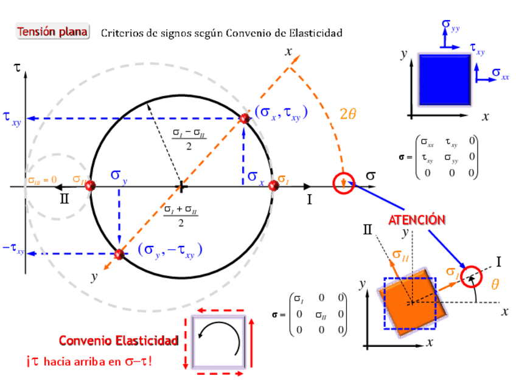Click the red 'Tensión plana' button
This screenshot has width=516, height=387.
pos(52,32)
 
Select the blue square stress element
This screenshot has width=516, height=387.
pos(444,80)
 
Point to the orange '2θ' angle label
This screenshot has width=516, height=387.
pos(347,114)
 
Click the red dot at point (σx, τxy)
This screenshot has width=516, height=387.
pos(245,119)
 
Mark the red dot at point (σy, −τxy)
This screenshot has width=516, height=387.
pos(119,254)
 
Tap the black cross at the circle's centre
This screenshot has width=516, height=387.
pos(181,187)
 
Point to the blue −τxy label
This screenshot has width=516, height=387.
pos(13,250)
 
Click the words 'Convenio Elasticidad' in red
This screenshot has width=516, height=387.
pos(119,341)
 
